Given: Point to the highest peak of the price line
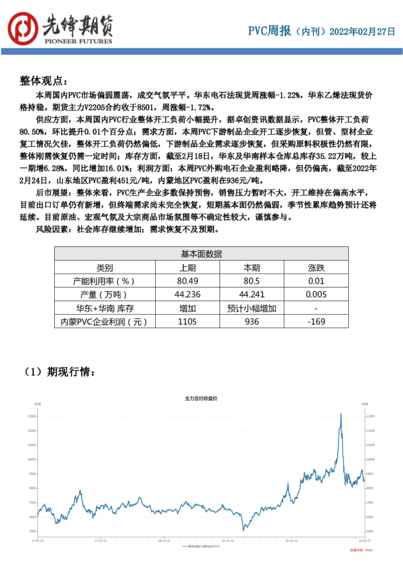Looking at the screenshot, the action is tap(341, 414).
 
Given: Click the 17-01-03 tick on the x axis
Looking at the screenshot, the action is tap(38, 541).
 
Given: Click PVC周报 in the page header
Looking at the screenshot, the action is tap(270, 31).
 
